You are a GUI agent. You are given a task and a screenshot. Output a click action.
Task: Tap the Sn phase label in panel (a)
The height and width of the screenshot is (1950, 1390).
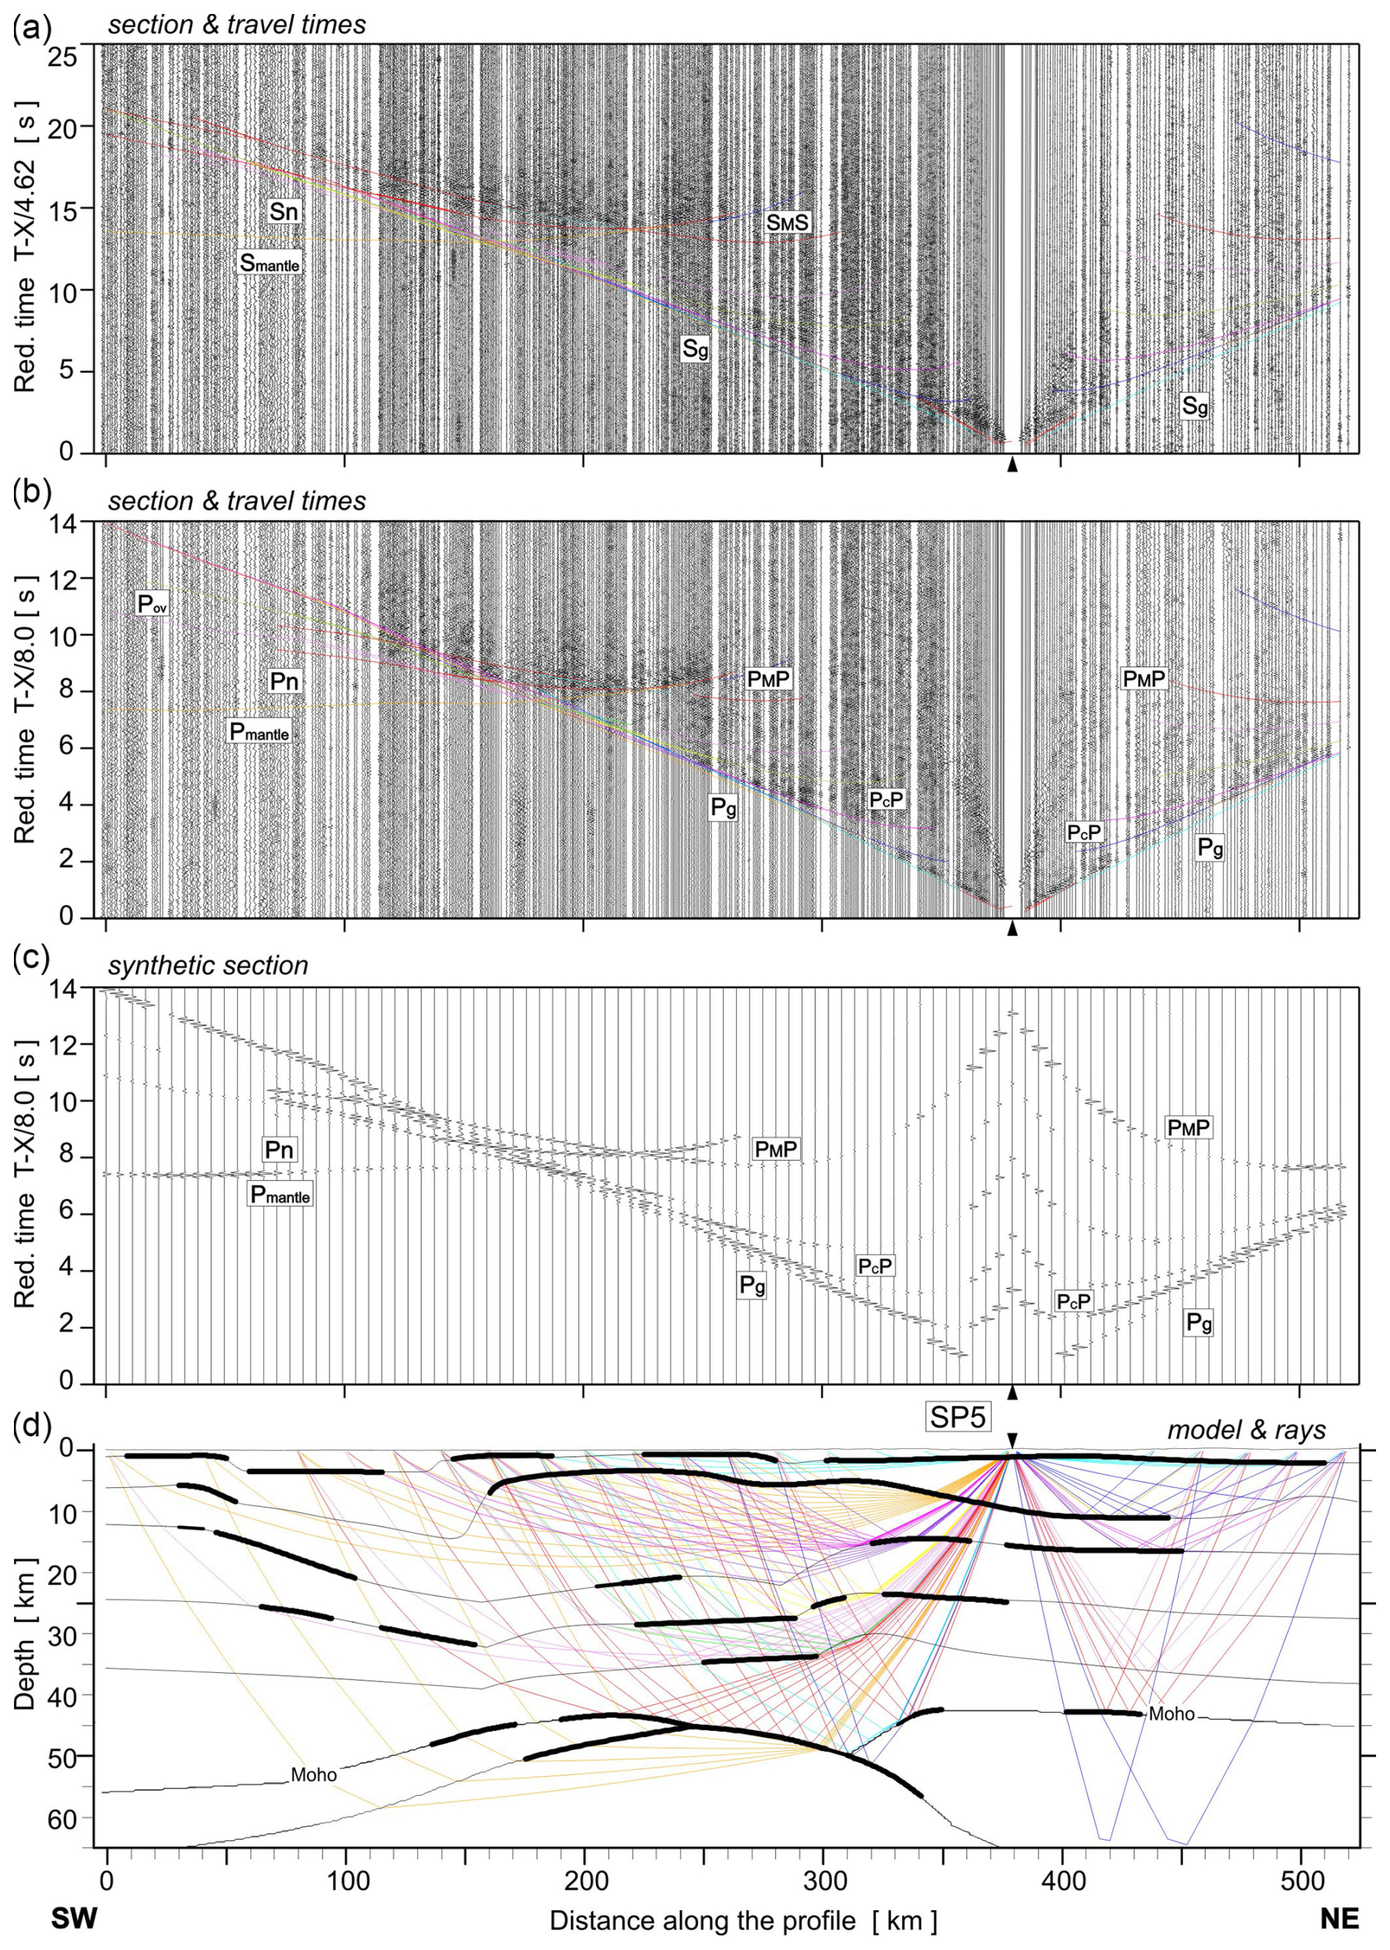point(284,212)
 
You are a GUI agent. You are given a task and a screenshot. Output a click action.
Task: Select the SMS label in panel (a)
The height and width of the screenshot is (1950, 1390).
point(787,223)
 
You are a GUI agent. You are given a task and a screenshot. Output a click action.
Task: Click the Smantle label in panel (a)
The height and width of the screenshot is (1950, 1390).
point(270,264)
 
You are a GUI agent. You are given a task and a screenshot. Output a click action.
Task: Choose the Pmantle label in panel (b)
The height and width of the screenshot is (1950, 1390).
point(259,732)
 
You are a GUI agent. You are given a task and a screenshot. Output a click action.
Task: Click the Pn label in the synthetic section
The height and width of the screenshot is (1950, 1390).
point(279,1150)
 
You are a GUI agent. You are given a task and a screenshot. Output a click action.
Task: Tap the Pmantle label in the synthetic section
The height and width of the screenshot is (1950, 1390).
point(280,1194)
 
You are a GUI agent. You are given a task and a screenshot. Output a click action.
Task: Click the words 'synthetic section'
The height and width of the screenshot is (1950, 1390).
point(208,965)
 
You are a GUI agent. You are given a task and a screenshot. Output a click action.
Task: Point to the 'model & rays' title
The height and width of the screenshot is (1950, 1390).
point(1246,1430)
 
